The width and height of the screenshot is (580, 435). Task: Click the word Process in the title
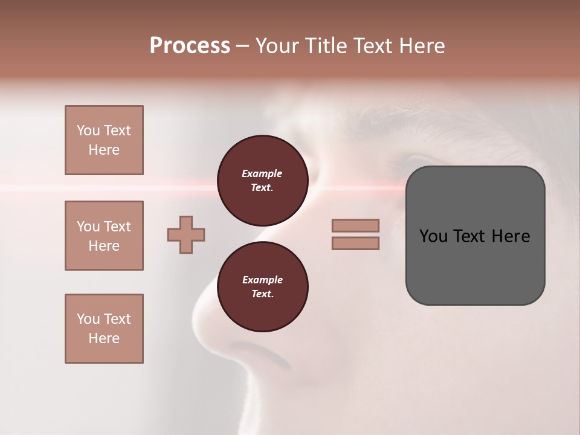tap(190, 46)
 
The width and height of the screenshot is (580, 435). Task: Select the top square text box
tap(104, 140)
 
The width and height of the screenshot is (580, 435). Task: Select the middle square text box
tap(104, 236)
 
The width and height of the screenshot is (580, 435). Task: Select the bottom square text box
tap(104, 329)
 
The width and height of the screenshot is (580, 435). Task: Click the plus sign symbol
tap(186, 235)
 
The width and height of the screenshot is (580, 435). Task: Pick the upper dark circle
tap(262, 180)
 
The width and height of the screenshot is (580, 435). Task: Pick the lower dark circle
tap(262, 286)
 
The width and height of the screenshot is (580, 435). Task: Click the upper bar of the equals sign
tap(355, 225)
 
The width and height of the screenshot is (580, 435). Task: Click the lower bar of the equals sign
tap(355, 243)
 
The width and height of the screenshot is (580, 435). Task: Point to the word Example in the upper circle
tap(262, 173)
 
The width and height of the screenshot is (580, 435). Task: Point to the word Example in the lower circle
tap(262, 280)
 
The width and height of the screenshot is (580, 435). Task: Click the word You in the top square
tap(88, 130)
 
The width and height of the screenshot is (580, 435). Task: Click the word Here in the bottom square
tap(104, 338)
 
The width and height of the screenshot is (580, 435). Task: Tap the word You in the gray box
tap(433, 236)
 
